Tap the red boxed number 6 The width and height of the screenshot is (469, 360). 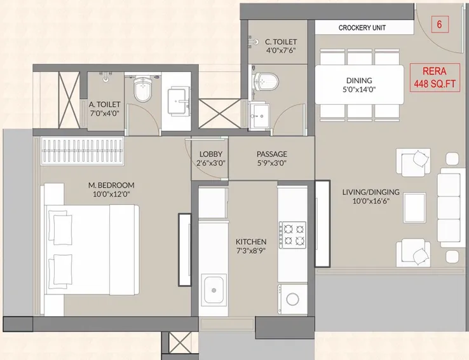coord(438,25)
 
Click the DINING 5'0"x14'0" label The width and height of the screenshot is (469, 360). coord(359,85)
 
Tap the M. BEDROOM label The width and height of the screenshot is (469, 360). coord(111,190)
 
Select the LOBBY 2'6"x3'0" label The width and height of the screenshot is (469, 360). coord(210,158)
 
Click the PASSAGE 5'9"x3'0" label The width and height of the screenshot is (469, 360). coord(271,158)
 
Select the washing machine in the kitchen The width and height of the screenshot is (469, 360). coord(292,298)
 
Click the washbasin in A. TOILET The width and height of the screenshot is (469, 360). coord(177,100)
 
